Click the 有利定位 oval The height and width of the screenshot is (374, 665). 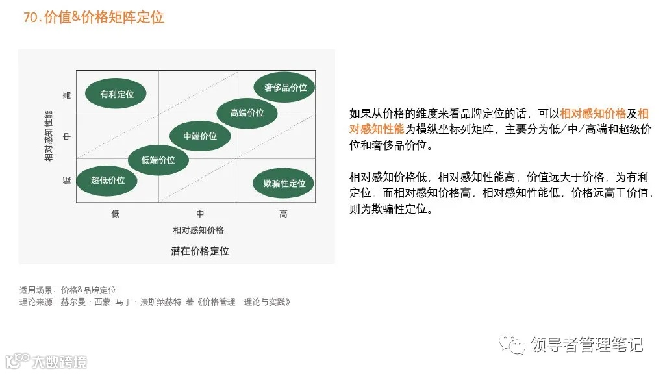click(117, 94)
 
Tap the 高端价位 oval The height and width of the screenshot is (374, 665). click(247, 113)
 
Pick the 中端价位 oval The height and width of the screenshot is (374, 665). click(200, 136)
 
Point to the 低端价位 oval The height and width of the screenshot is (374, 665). click(158, 160)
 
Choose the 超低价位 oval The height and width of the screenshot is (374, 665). click(108, 180)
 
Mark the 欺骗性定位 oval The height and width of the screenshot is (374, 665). click(284, 183)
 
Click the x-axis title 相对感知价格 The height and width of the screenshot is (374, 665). click(199, 231)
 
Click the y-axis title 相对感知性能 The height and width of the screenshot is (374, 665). click(49, 136)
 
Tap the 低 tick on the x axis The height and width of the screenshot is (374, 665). click(116, 214)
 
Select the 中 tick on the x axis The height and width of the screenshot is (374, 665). click(200, 214)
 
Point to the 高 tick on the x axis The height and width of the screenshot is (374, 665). click(283, 214)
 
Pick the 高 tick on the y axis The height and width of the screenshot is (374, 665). click(67, 95)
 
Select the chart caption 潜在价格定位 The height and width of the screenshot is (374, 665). click(199, 251)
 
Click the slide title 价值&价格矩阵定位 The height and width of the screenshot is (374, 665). click(104, 18)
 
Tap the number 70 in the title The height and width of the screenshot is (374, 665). click(31, 18)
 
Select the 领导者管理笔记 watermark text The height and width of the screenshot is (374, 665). click(586, 343)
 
